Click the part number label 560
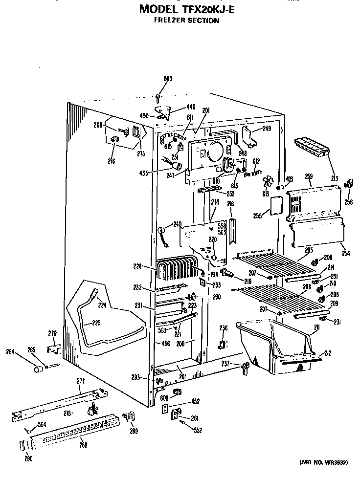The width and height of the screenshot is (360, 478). click(x=168, y=79)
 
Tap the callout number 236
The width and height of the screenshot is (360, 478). click(x=224, y=328)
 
